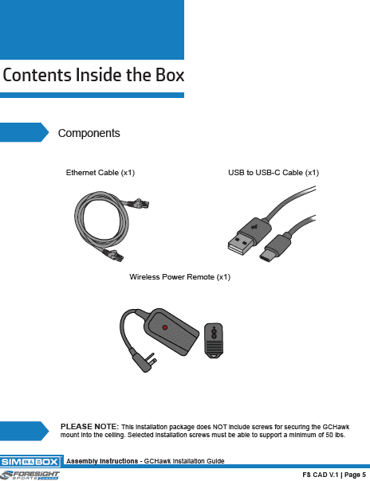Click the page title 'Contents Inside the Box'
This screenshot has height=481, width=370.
click(93, 75)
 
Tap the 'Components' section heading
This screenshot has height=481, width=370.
click(89, 133)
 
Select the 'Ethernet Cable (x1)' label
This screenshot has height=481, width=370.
click(100, 173)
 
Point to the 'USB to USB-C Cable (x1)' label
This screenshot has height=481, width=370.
click(274, 173)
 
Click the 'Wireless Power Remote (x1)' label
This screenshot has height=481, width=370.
click(179, 277)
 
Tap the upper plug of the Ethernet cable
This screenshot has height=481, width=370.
click(139, 203)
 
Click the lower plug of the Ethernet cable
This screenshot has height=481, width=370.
click(113, 255)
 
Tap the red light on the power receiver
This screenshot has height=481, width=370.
click(165, 327)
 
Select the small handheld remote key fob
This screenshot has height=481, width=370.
click(214, 340)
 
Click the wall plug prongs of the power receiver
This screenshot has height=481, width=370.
click(152, 359)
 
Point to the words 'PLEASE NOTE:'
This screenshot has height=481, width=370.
click(89, 427)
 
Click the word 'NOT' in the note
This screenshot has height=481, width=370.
click(219, 427)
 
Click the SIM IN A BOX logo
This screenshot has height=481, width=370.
click(31, 462)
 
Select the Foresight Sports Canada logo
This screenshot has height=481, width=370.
click(30, 475)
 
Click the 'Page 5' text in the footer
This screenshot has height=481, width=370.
click(356, 475)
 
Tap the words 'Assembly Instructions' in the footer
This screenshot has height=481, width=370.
click(102, 461)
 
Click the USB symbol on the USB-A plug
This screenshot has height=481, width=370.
click(254, 227)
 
